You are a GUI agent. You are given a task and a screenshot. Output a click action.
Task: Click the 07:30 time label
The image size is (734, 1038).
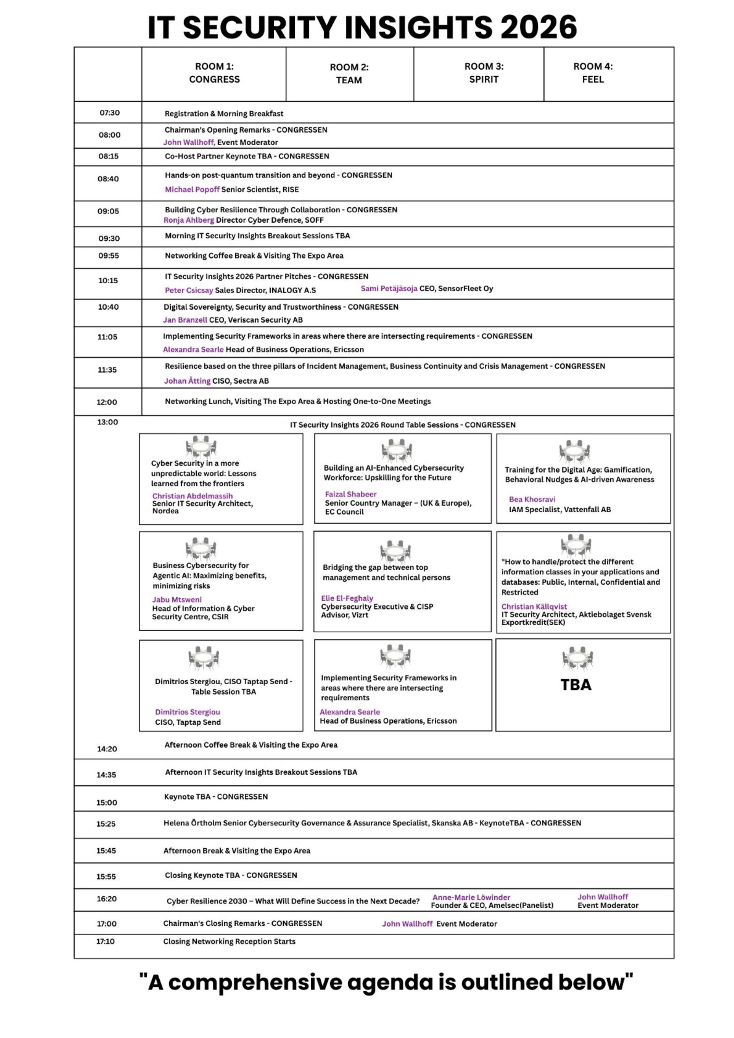click(x=109, y=113)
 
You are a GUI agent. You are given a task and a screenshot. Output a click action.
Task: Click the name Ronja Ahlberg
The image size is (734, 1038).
click(x=189, y=220)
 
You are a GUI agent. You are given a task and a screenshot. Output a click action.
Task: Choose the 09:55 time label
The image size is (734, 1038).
click(x=109, y=255)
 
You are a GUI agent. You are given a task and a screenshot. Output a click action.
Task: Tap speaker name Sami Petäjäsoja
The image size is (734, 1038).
click(x=389, y=288)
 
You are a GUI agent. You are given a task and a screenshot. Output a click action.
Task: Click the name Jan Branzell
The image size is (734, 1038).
click(x=185, y=320)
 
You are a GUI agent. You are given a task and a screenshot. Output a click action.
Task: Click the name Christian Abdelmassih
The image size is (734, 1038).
click(x=192, y=496)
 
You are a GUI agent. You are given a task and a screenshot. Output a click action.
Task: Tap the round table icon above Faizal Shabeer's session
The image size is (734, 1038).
click(x=396, y=450)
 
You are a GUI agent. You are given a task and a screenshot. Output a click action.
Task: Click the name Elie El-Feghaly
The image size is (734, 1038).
click(x=347, y=598)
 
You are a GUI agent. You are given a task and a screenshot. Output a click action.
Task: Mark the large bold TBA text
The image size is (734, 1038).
click(x=576, y=685)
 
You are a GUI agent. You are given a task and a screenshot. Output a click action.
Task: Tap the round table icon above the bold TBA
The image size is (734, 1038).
click(x=577, y=658)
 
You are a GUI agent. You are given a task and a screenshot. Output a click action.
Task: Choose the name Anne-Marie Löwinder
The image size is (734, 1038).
click(x=471, y=897)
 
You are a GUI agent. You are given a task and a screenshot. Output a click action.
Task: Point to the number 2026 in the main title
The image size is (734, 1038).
click(x=538, y=27)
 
